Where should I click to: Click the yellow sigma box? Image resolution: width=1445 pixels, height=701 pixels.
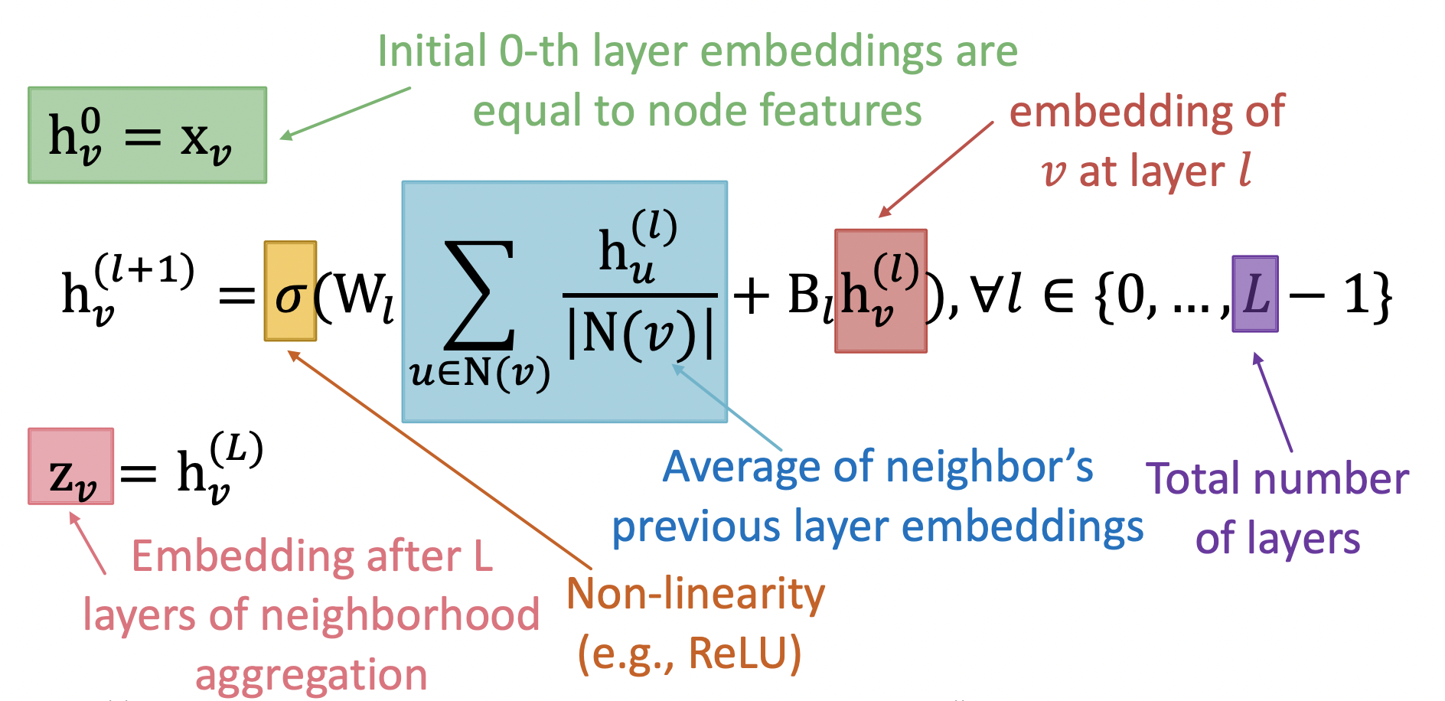point(290,291)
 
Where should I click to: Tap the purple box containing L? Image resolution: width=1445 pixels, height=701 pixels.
point(1254,294)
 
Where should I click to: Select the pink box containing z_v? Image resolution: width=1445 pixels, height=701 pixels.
point(71,466)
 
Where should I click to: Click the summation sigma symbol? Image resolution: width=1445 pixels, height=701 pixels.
point(480,295)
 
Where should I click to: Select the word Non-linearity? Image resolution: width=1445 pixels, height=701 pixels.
point(696,595)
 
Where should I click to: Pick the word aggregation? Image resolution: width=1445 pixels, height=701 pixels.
point(311,676)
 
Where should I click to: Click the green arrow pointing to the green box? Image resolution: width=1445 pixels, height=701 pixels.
point(345,112)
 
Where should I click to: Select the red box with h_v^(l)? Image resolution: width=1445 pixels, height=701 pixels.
point(880,291)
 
